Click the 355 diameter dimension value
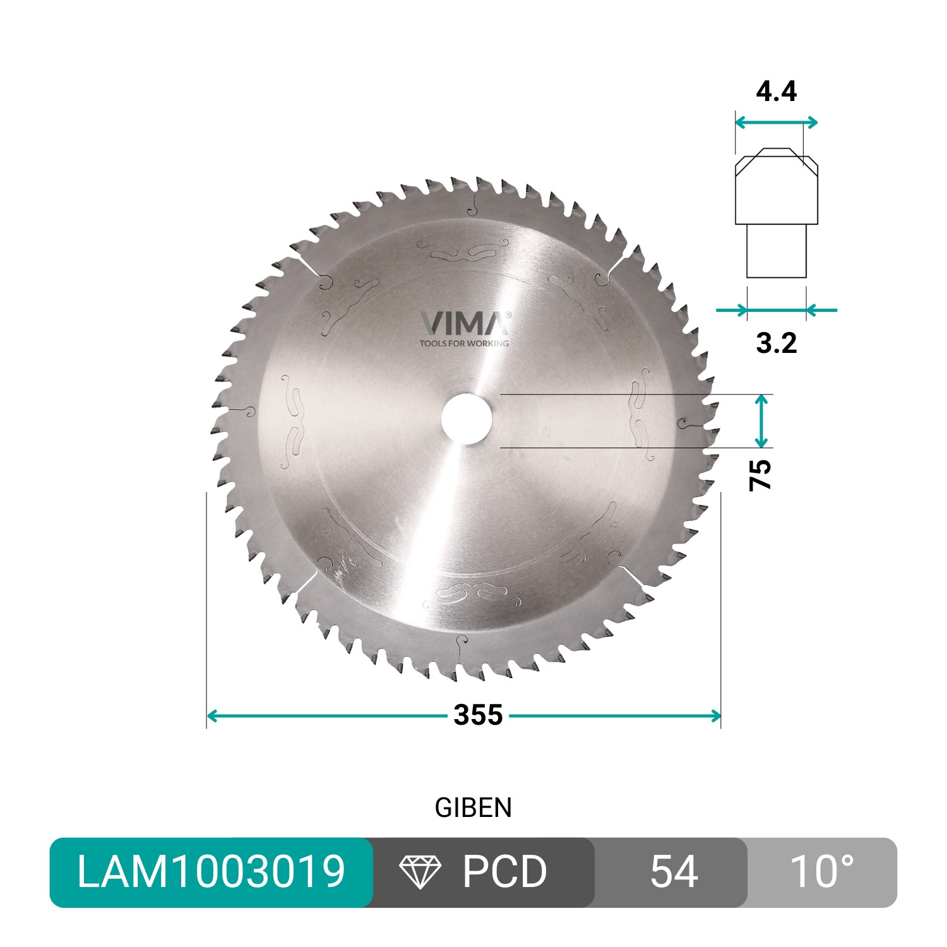pos(478,715)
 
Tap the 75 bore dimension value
pos(761,475)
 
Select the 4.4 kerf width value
pos(776,92)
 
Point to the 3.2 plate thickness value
pos(776,343)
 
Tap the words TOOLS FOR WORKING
pos(464,343)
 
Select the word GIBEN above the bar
pos(473,808)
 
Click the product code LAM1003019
pos(211,872)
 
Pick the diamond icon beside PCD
pos(420,873)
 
